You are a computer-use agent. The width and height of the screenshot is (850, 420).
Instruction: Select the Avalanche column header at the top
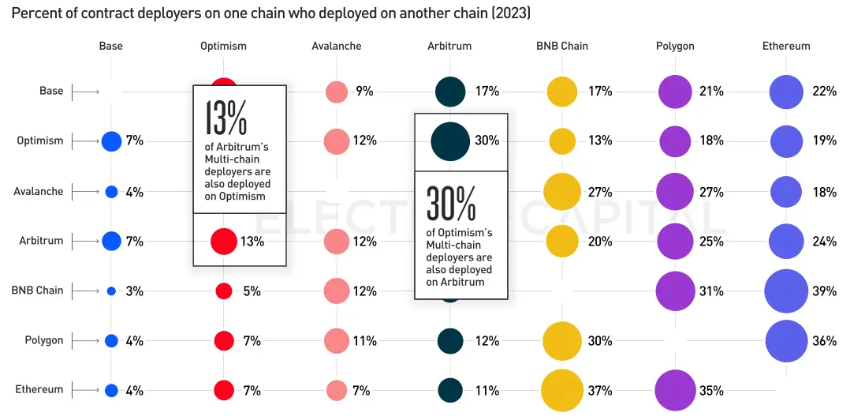(337, 46)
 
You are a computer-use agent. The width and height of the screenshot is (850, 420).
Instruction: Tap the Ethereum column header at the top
(786, 46)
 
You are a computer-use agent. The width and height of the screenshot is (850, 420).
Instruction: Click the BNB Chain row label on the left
(37, 291)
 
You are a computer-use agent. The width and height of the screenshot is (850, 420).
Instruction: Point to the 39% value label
(825, 291)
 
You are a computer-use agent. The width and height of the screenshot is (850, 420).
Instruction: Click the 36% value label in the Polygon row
(825, 341)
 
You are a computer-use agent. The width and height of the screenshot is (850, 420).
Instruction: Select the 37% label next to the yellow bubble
(600, 391)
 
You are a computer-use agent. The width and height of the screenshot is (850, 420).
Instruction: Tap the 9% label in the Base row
(364, 92)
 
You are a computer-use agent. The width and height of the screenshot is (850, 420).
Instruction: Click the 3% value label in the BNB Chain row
(134, 291)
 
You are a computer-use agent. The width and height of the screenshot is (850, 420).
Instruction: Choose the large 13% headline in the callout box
(226, 118)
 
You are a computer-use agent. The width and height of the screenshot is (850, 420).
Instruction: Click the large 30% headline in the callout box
(450, 204)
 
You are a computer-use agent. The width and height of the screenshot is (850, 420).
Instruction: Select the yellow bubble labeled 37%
(562, 390)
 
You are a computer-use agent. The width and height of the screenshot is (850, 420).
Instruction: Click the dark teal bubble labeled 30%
(451, 141)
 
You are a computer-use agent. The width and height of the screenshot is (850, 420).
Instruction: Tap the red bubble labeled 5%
(224, 291)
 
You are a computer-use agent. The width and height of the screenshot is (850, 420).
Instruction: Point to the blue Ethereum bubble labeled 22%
(786, 92)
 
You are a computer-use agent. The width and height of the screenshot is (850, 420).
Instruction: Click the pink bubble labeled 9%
(337, 92)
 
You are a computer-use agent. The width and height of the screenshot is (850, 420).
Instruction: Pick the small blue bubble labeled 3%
(111, 291)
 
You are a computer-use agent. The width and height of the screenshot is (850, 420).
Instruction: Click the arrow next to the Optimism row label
(85, 141)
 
